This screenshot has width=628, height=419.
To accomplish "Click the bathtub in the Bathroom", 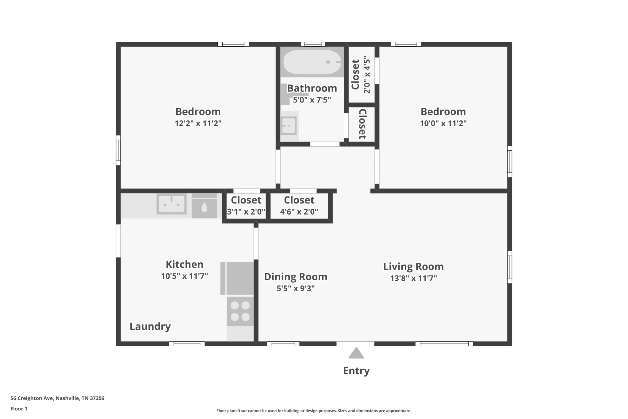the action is [312, 62].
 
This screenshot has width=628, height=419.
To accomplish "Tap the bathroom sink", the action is [289, 126].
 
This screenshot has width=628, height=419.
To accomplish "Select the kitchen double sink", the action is [171, 204].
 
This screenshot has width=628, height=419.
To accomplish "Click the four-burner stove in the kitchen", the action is [240, 311].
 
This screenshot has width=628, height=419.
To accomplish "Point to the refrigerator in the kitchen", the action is [237, 278].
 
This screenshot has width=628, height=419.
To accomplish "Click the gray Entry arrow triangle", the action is [356, 353].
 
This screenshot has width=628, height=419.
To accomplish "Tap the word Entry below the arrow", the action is [356, 371].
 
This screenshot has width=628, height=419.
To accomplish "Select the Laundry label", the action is [150, 327].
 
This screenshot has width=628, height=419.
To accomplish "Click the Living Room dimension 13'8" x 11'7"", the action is [413, 278].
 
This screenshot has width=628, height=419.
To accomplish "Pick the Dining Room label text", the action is [296, 277].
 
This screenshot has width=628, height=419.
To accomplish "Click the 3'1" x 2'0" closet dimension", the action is [246, 211].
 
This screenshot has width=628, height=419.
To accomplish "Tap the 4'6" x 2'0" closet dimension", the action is [299, 211].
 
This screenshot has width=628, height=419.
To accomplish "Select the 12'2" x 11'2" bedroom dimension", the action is [198, 123].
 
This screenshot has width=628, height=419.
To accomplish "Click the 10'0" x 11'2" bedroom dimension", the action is [443, 123].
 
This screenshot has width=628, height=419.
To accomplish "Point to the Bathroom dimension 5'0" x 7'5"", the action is [312, 100].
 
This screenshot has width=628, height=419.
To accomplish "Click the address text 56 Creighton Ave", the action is [32, 398].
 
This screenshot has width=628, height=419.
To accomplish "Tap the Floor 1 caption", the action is [19, 409].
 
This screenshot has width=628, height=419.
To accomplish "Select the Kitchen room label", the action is [185, 264].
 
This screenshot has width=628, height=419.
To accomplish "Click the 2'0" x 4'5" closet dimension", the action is [367, 75].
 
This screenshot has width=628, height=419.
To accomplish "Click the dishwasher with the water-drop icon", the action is [204, 206].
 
